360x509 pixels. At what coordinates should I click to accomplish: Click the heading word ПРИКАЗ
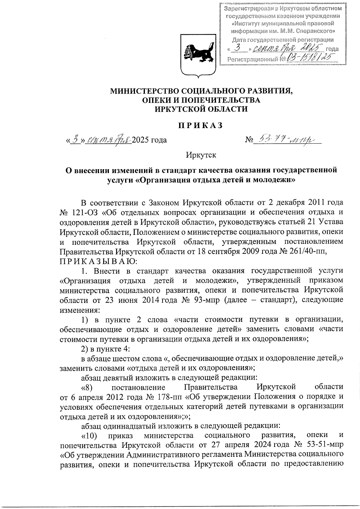click(x=201, y=125)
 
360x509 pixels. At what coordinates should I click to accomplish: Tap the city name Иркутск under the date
click(x=201, y=155)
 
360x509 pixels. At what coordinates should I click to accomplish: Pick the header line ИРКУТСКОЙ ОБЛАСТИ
click(x=201, y=109)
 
